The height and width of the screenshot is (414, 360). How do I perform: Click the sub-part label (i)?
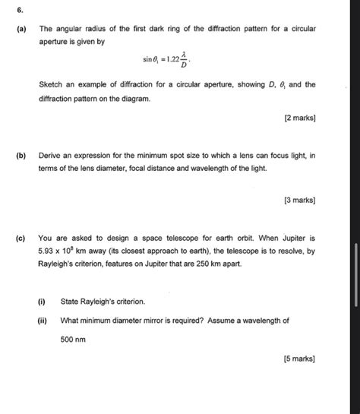(x=43, y=302)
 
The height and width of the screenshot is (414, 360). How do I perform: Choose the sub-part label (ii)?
(x=43, y=321)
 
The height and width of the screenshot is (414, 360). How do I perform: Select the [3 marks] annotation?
(x=300, y=201)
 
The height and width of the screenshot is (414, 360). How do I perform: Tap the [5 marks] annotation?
(x=300, y=359)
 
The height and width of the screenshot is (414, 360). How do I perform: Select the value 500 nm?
(x=73, y=340)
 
